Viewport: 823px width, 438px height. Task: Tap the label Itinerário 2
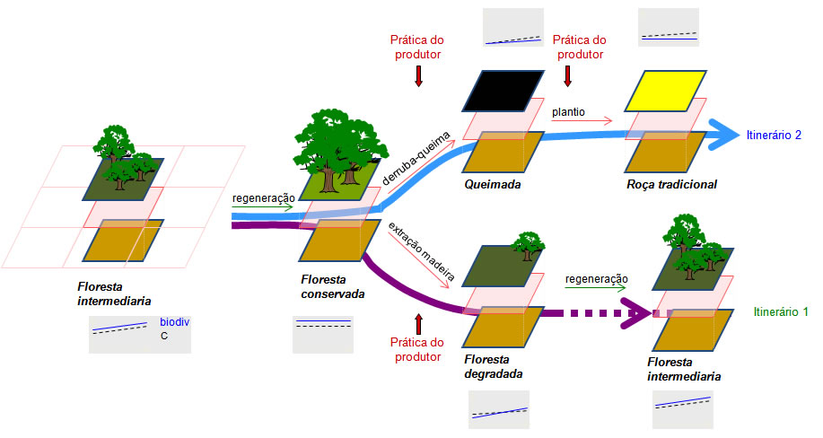[x=773, y=136]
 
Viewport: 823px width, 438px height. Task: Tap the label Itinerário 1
[x=781, y=311]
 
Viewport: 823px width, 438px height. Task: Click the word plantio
[x=569, y=112]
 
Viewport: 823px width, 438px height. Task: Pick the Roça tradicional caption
[x=671, y=185]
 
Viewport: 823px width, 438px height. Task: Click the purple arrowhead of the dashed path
[x=640, y=314]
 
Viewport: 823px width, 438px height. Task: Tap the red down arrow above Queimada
[x=417, y=78]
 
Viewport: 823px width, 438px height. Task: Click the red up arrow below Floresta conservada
[x=417, y=323]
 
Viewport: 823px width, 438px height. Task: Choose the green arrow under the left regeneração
[x=262, y=208]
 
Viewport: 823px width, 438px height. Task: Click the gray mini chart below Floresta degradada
[x=498, y=409]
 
